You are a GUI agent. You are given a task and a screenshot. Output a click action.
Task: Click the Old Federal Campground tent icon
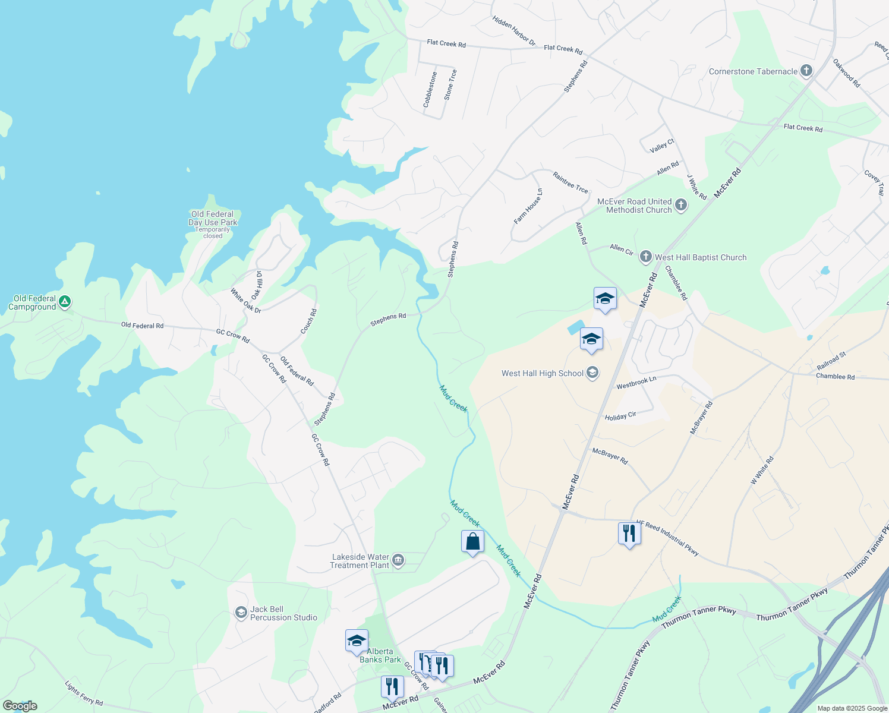[65, 302]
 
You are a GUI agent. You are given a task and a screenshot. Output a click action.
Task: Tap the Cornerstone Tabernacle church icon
[806, 71]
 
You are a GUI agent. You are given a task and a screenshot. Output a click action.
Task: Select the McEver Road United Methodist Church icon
[681, 206]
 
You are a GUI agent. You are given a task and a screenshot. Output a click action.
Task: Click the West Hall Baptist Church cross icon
[645, 257]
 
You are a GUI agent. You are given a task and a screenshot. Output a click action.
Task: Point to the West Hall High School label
[542, 373]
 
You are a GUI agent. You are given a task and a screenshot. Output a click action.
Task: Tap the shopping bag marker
[472, 542]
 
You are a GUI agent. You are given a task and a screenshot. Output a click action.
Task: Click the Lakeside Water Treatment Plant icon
[398, 560]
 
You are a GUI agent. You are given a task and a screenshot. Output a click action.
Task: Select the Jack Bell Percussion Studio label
[283, 613]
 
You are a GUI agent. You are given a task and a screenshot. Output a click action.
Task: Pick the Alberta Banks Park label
[380, 655]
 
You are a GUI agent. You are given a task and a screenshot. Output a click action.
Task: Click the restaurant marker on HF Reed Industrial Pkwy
[629, 534]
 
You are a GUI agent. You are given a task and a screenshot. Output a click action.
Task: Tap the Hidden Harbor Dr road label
[514, 31]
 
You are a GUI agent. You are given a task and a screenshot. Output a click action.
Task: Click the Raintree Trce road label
[570, 182]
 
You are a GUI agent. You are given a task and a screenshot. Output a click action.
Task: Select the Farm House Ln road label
[528, 206]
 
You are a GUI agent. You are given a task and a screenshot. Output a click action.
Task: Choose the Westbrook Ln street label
[636, 383]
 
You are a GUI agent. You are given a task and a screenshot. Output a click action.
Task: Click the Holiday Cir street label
[620, 417]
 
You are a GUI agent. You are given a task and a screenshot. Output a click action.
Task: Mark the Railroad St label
[831, 361]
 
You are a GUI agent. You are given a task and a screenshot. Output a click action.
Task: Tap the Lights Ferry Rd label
[84, 693]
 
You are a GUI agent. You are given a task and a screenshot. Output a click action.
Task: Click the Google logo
[20, 706]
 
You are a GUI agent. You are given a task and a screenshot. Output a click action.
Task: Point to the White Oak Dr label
[245, 301]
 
